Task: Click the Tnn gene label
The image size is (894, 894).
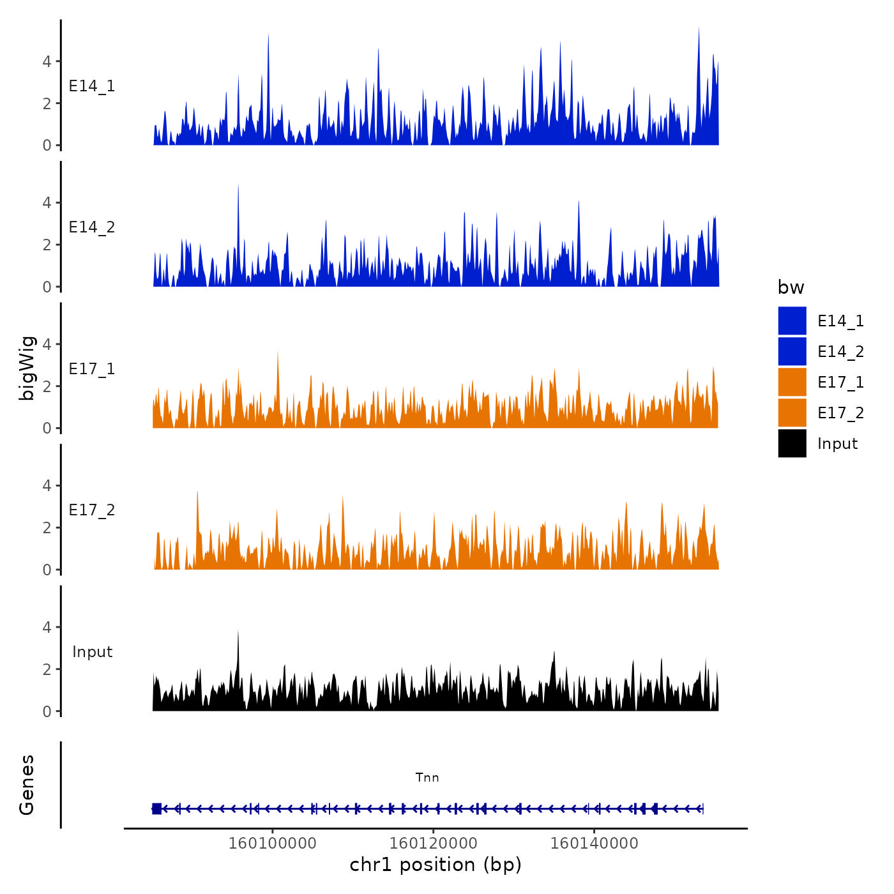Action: coord(427,777)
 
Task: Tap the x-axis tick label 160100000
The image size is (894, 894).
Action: coord(272,843)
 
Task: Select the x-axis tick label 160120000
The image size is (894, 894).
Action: coord(433,843)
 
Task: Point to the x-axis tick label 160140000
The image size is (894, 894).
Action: coord(594,843)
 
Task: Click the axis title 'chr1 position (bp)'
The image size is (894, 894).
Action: coord(436,865)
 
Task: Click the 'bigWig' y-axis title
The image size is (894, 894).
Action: coord(27,368)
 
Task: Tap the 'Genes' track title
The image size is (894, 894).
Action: coord(27,785)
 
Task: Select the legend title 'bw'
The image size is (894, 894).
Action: coord(791,287)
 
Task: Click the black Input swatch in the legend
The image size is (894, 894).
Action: coord(792,443)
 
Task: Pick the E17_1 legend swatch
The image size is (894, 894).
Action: coord(792,382)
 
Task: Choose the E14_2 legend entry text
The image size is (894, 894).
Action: coord(840,351)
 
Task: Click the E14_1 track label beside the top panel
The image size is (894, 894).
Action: coord(92,86)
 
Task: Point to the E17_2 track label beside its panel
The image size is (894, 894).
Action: coord(92,510)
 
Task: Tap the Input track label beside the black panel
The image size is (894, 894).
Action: coord(92,651)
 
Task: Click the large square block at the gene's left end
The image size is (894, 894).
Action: coord(156,808)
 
